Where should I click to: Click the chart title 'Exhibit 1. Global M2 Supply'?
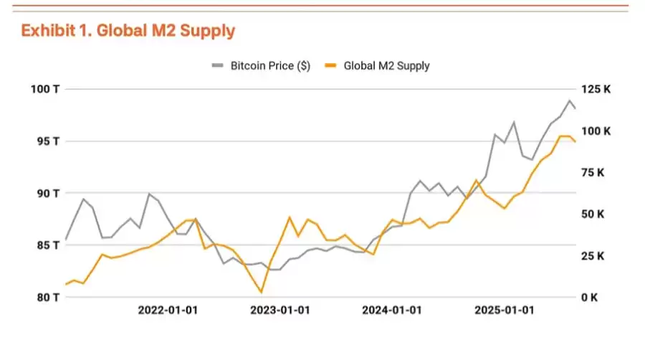point(128,31)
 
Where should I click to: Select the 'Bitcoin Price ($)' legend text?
point(270,66)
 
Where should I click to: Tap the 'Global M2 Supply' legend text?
point(387,66)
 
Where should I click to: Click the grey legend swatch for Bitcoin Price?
point(218,66)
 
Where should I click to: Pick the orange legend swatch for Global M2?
point(331,66)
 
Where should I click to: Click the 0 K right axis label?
point(590,297)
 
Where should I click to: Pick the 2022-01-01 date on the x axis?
point(168,311)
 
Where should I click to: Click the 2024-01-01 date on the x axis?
point(391,311)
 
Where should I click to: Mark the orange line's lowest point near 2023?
point(262,292)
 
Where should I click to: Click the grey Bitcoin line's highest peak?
point(570,100)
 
